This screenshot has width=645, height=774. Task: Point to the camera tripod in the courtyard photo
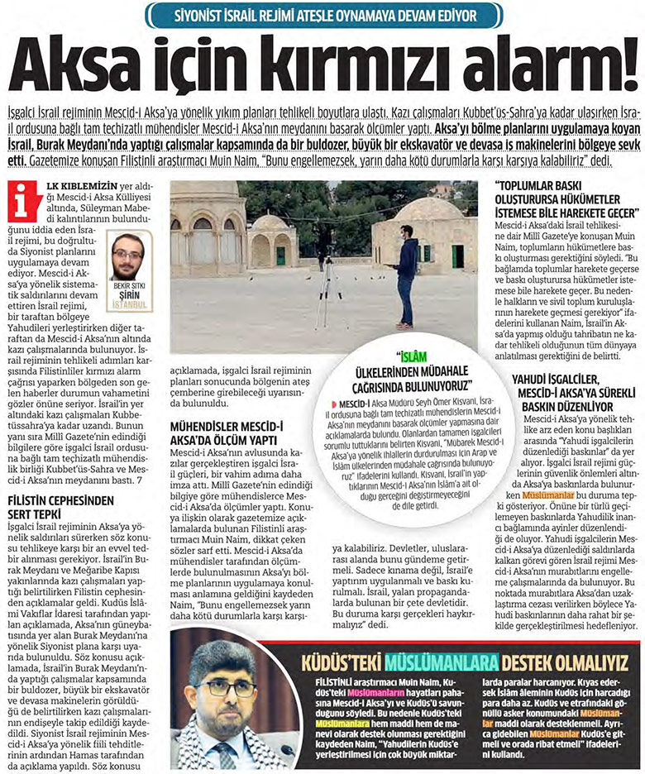pyautogui.click(x=327, y=281)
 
